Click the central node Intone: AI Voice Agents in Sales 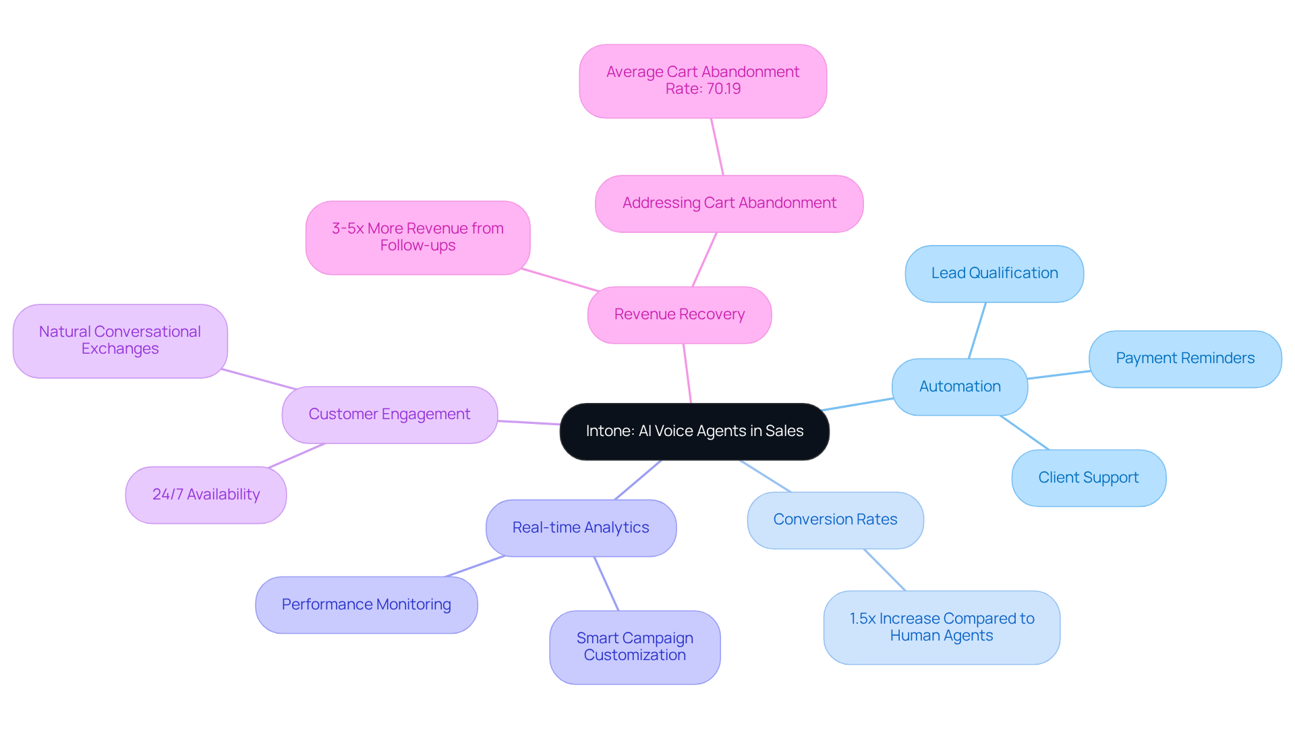click(694, 431)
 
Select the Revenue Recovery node click(679, 315)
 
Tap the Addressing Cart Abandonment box click(729, 203)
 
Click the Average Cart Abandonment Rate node click(703, 80)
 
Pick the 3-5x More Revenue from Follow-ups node click(418, 237)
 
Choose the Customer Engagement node click(389, 414)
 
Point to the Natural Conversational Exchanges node click(120, 340)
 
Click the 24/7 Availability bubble click(206, 495)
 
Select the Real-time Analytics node click(581, 528)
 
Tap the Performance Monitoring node click(366, 605)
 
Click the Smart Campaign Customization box click(635, 647)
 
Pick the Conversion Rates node click(835, 520)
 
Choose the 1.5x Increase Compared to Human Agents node click(942, 627)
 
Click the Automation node click(960, 387)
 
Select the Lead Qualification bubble click(994, 273)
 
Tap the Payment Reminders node click(1185, 358)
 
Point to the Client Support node click(1089, 478)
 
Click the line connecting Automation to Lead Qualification click(977, 331)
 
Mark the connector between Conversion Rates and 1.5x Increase click(885, 570)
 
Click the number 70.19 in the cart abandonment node click(723, 89)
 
